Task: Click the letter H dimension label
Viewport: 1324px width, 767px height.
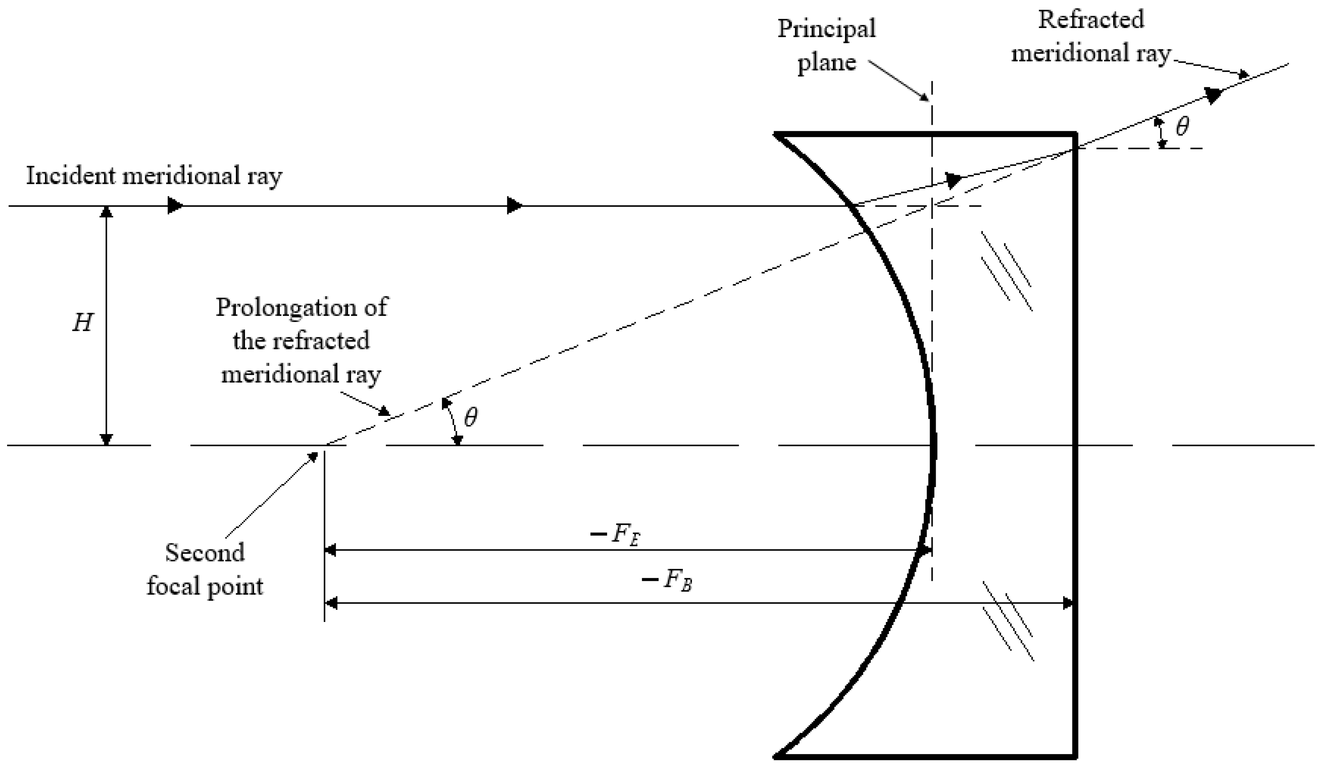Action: click(x=83, y=323)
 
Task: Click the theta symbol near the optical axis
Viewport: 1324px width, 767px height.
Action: click(x=471, y=418)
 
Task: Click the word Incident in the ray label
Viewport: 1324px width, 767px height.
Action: click(x=70, y=176)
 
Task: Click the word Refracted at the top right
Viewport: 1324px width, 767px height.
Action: click(x=1091, y=20)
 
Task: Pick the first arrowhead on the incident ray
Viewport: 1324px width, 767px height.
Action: click(x=175, y=205)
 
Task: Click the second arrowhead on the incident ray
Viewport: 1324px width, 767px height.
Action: click(x=514, y=205)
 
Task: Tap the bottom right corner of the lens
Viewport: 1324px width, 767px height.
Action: click(x=1075, y=757)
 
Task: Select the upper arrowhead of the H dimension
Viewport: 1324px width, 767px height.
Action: click(x=107, y=211)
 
